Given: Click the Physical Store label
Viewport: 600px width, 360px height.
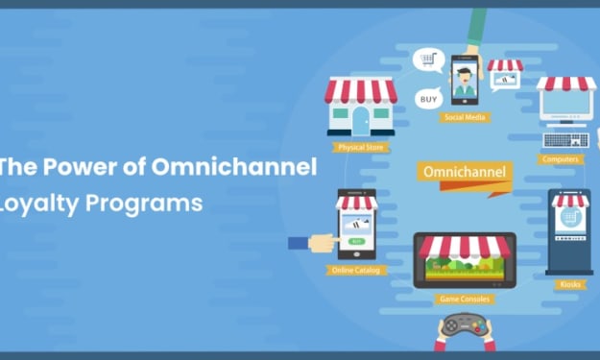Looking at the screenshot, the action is pos(361,147).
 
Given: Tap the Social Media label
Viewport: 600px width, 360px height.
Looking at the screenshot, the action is pos(465,117).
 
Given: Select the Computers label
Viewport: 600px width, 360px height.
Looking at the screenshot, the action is pos(561,159).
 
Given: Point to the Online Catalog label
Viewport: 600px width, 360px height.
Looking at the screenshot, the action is pos(356,270).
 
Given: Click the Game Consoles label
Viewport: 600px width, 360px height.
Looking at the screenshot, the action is pos(465,299).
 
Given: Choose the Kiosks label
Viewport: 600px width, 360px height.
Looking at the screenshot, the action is pos(570,284).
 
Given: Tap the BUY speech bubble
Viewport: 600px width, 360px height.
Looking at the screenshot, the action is pos(429,99).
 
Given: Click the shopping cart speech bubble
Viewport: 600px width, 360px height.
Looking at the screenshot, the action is pos(428,60).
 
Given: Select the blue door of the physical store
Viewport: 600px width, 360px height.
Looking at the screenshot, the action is pos(361,121).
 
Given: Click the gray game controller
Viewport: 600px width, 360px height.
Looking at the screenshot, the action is pos(464,325).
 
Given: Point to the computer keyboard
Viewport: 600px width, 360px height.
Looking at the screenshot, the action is pos(566,140).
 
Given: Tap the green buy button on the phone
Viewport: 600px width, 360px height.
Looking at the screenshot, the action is pos(356,241).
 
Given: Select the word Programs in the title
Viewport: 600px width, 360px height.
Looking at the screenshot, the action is pos(144,204).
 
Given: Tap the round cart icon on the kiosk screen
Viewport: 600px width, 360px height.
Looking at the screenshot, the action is pos(570,217).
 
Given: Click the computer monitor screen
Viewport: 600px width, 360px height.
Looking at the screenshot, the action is pos(566,103).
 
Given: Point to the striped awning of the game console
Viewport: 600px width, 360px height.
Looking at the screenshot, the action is pos(465,247).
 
